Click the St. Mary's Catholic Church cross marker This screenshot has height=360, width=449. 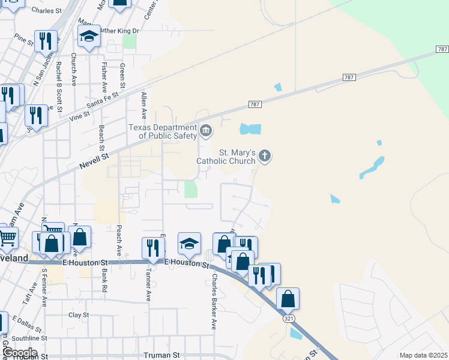(x=265, y=157)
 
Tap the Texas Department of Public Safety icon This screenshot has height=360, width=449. (x=206, y=130)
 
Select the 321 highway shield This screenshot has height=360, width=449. (x=288, y=319)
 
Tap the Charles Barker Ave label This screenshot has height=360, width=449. (x=214, y=302)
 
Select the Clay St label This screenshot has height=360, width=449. (x=79, y=314)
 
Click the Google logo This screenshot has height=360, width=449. (x=19, y=353)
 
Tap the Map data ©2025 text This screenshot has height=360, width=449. (x=423, y=355)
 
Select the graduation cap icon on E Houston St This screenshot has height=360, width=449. (x=189, y=243)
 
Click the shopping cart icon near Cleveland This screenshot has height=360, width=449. (x=8, y=238)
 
